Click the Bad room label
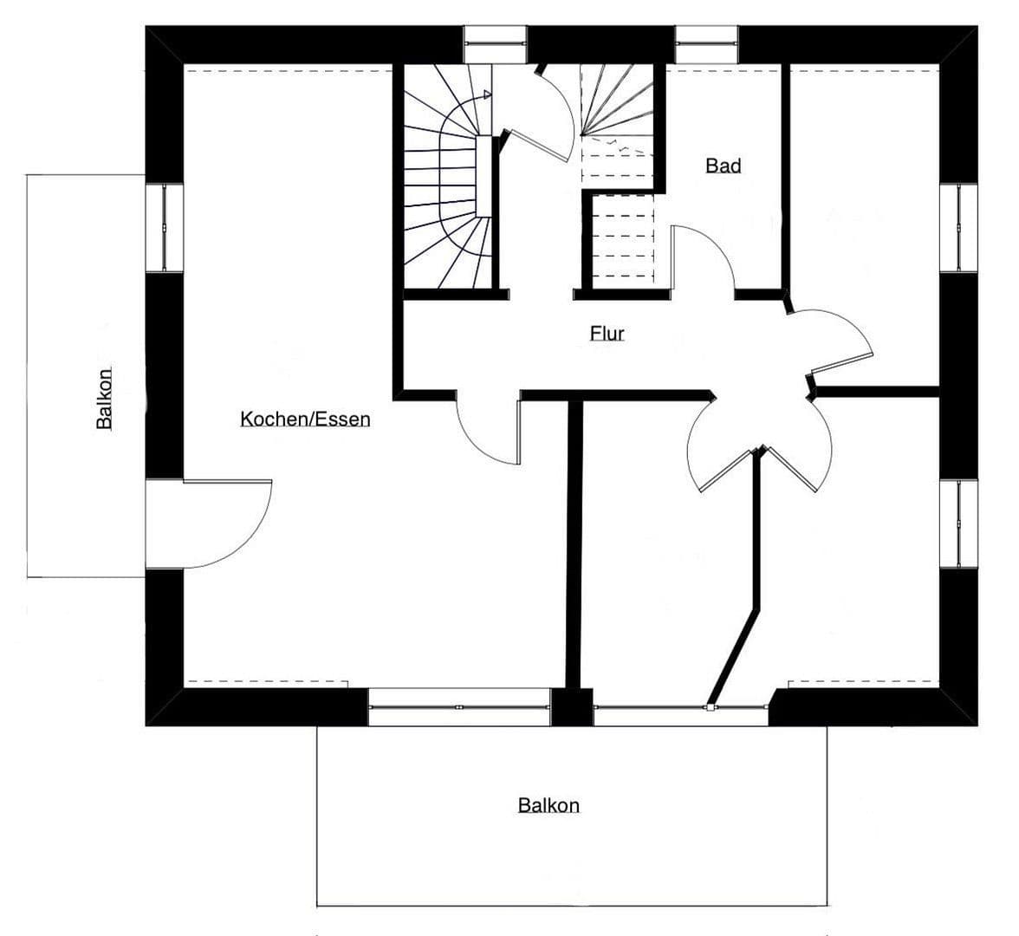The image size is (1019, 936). pyautogui.click(x=723, y=166)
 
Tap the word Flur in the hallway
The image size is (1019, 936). pyautogui.click(x=607, y=333)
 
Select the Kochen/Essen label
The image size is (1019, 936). pyautogui.click(x=305, y=419)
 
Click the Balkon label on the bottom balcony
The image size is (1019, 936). pyautogui.click(x=548, y=805)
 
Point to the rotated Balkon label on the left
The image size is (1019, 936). pyautogui.click(x=104, y=400)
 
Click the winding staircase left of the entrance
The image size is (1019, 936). pyautogui.click(x=447, y=178)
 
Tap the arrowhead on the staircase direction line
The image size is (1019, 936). pyautogui.click(x=488, y=94)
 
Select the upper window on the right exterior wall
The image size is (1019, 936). pyautogui.click(x=959, y=228)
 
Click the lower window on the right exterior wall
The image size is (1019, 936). pyautogui.click(x=959, y=523)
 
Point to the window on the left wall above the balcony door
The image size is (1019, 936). pyautogui.click(x=164, y=228)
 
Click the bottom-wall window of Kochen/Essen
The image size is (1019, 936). pyautogui.click(x=459, y=707)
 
